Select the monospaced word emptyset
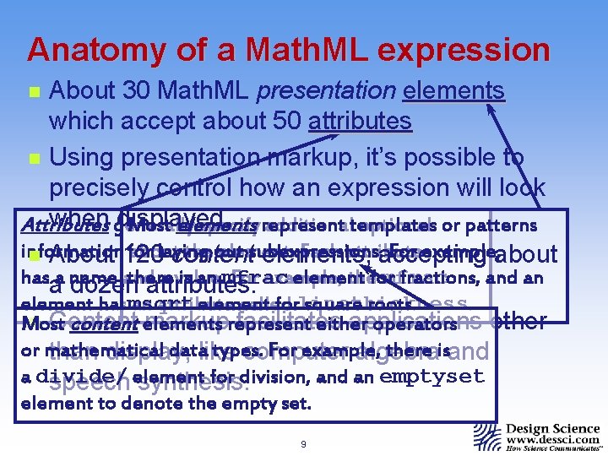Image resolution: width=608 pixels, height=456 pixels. (432, 377)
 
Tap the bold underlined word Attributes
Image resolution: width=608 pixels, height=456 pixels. (54, 227)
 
